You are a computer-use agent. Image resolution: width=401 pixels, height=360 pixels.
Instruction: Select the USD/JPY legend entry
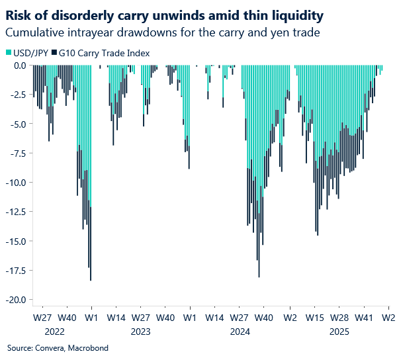click(x=28, y=52)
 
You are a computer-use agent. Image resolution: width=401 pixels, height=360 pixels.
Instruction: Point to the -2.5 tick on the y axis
click(x=17, y=95)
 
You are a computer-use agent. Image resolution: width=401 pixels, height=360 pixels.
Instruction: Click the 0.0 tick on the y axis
click(x=19, y=66)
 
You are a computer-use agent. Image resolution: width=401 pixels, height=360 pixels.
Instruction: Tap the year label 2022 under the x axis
click(x=55, y=330)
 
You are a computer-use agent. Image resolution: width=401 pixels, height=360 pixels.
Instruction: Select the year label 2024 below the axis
click(x=239, y=330)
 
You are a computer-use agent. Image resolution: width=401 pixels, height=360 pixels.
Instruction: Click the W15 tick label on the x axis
click(x=314, y=318)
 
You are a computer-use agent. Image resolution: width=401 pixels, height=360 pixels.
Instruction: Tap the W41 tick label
click(x=364, y=318)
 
